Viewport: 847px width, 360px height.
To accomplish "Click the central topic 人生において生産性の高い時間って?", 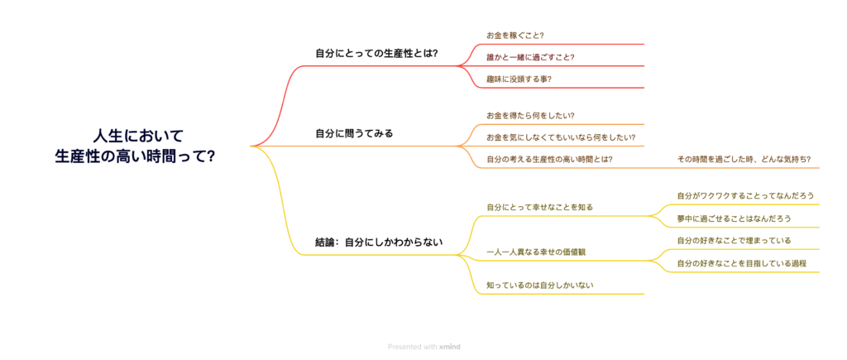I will coord(135,145).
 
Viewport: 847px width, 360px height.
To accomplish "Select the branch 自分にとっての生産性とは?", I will coord(376,54).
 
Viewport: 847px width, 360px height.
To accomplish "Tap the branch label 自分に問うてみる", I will coord(354,132).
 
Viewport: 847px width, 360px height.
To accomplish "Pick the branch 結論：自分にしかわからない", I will coord(379,242).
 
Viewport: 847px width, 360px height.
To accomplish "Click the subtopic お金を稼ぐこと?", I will coord(515,36).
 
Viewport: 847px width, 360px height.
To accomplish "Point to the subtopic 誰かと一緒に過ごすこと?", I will coord(530,57).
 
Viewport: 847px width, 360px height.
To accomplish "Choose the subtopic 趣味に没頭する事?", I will coord(519,79).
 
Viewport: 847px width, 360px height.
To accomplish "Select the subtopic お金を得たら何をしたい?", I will coord(530,115).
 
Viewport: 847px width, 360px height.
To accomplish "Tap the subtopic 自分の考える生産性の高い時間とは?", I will coord(549,158).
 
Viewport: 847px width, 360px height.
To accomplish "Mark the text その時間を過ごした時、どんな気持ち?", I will coord(744,158).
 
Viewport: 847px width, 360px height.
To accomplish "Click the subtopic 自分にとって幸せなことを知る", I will coord(539,206).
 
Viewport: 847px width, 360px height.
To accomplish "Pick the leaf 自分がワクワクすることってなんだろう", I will coord(745,195).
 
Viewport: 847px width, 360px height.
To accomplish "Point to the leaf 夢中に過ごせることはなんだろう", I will coord(734,218).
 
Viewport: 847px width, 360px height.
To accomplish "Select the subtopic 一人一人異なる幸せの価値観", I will coord(542,251).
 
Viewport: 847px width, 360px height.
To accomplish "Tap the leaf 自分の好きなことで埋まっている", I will coord(734,240).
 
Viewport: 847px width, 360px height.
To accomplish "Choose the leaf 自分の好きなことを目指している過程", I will coord(741,263).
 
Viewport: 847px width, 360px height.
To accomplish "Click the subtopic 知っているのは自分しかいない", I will coord(539,285).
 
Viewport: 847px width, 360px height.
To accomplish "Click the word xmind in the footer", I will coord(450,347).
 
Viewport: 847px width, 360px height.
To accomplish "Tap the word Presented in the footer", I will coord(404,347).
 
